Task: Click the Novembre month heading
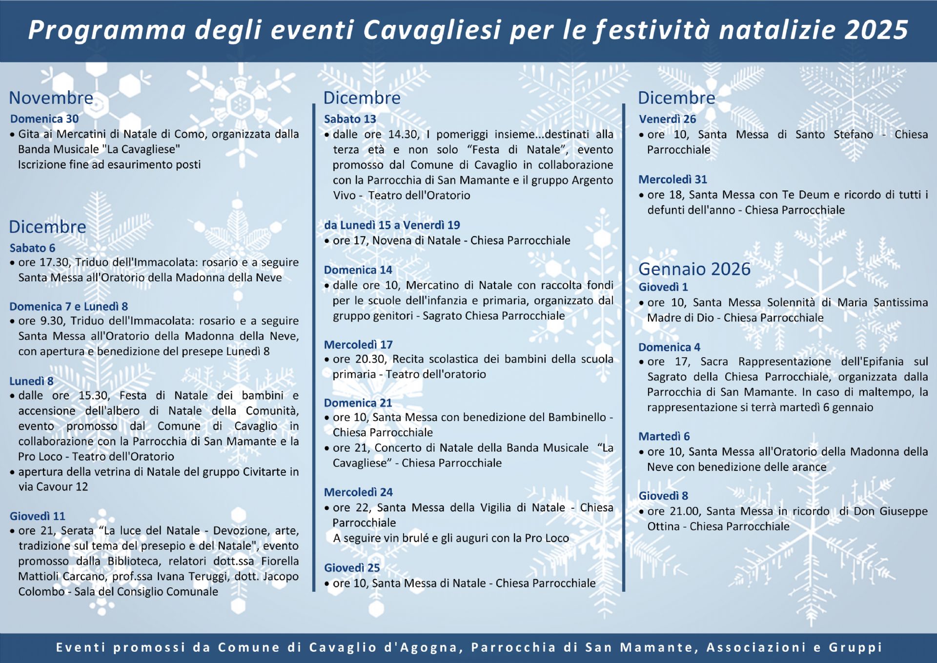pyautogui.click(x=51, y=98)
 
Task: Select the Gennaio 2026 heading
pyautogui.click(x=694, y=269)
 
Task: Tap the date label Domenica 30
pyautogui.click(x=44, y=119)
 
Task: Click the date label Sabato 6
pyautogui.click(x=32, y=248)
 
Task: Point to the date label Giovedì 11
pyautogui.click(x=37, y=516)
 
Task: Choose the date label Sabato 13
pyautogui.click(x=350, y=119)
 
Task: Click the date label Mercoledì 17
pyautogui.click(x=358, y=345)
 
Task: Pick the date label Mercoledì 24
pyautogui.click(x=358, y=492)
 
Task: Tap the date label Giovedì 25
pyautogui.click(x=352, y=568)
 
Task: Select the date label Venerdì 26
pyautogui.click(x=667, y=119)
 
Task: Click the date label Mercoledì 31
pyautogui.click(x=672, y=180)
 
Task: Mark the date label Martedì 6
pyautogui.click(x=664, y=437)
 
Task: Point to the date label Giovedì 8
pyautogui.click(x=663, y=496)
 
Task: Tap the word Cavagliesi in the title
pyautogui.click(x=432, y=30)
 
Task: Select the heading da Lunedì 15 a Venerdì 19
pyautogui.click(x=392, y=225)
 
